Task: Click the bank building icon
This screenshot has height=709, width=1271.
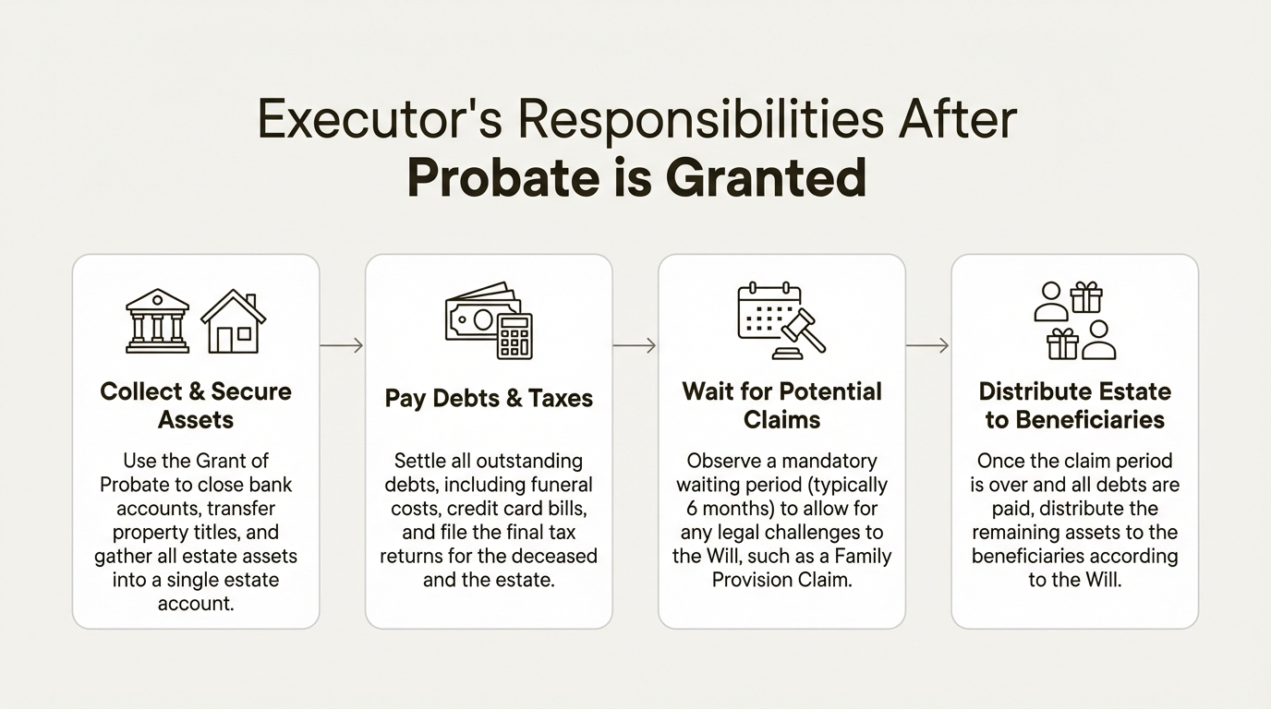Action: click(x=157, y=321)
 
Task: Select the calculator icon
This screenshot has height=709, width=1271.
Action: click(x=514, y=336)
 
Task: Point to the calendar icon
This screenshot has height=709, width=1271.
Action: click(x=769, y=311)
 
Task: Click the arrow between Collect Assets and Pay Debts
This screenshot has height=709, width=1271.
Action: click(x=342, y=345)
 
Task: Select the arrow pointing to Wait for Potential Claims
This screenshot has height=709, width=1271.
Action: click(x=635, y=345)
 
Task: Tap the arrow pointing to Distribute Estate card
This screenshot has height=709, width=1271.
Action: click(x=927, y=345)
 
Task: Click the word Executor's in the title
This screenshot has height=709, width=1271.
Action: click(x=380, y=120)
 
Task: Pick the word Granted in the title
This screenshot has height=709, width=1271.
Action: click(x=766, y=177)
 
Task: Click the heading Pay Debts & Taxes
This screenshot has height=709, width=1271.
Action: click(x=489, y=398)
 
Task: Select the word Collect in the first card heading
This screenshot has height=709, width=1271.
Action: click(x=141, y=391)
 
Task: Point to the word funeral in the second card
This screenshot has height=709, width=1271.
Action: click(x=562, y=485)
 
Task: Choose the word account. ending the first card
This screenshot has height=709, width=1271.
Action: click(x=196, y=604)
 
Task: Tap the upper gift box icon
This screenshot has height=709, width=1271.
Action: click(x=1086, y=297)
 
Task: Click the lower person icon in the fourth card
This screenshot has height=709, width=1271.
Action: click(x=1099, y=340)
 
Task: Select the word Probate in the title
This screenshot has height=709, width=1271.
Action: click(x=503, y=177)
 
